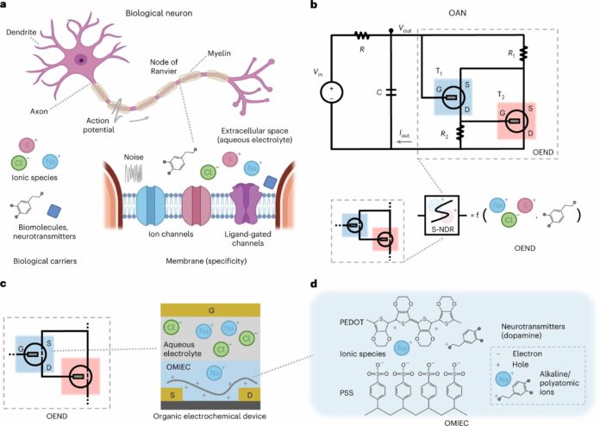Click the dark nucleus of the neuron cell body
(x=79, y=60)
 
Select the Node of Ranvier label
(x=163, y=69)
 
